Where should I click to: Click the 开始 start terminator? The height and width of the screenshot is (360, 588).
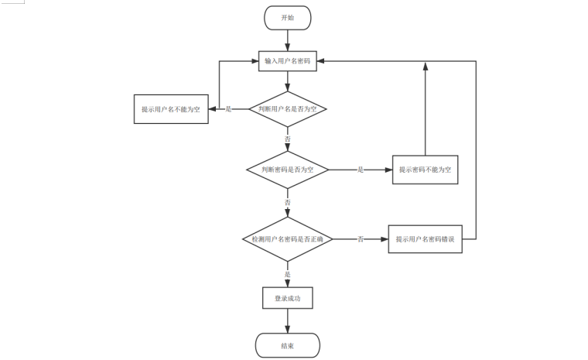click(288, 18)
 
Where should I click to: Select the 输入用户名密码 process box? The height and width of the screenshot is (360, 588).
click(288, 61)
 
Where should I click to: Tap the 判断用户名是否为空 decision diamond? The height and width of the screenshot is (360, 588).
click(288, 109)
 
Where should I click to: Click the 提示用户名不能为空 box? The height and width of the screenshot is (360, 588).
click(171, 109)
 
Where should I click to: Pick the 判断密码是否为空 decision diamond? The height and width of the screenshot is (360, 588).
click(288, 170)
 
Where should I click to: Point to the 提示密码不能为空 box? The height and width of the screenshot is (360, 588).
click(426, 170)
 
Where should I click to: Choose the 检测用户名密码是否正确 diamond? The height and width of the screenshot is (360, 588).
click(288, 239)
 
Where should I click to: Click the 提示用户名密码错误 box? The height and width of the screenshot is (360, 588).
click(426, 239)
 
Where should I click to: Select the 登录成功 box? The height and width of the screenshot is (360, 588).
click(288, 298)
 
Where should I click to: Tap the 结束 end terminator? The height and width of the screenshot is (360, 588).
click(288, 345)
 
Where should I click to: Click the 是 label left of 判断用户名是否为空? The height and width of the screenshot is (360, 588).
click(228, 109)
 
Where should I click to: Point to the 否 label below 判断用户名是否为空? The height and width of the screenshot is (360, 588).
click(288, 139)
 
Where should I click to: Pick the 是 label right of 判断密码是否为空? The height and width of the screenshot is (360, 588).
click(361, 170)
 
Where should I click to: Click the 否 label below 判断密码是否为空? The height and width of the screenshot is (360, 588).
click(288, 202)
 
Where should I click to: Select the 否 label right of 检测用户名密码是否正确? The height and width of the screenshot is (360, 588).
click(361, 239)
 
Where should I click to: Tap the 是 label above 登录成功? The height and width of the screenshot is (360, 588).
click(288, 274)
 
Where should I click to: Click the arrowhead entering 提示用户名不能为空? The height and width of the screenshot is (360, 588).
click(212, 109)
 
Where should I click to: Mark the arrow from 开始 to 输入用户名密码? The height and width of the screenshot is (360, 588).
click(288, 40)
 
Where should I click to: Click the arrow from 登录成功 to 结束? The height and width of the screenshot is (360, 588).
click(288, 321)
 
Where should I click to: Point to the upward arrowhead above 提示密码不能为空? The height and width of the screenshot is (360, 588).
click(426, 66)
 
